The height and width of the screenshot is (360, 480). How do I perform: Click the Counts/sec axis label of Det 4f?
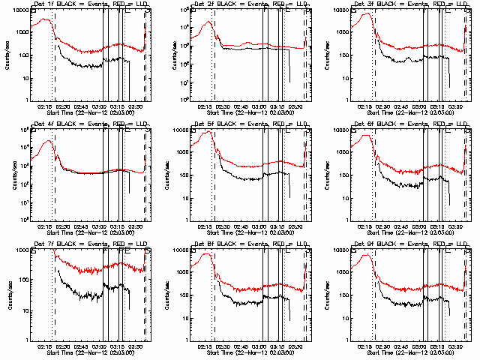(7, 174)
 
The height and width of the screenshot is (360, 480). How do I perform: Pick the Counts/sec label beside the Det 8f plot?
(166, 294)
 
